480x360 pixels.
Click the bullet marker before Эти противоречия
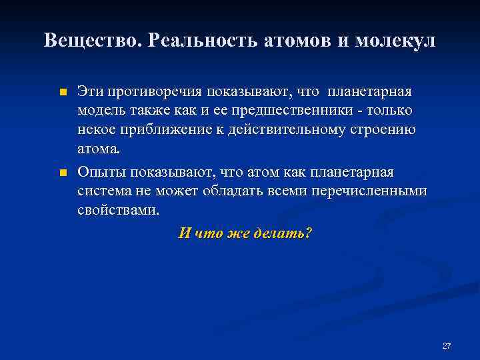click(x=63, y=92)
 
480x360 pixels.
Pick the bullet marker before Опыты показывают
click(x=63, y=173)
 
